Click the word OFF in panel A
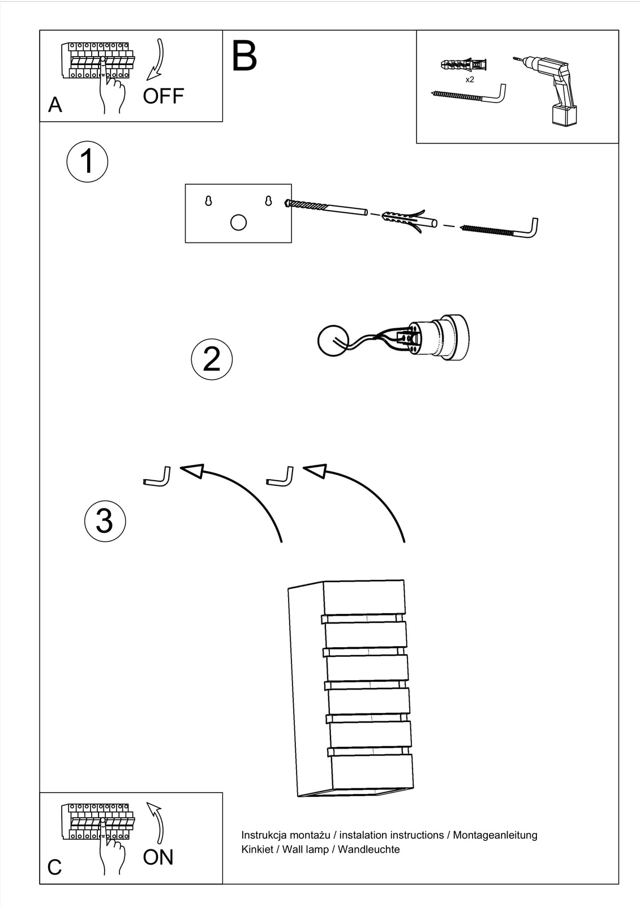pyautogui.click(x=163, y=96)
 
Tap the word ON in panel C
pyautogui.click(x=158, y=857)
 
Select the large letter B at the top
pyautogui.click(x=244, y=55)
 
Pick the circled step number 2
pyautogui.click(x=212, y=359)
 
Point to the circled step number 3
pyautogui.click(x=105, y=521)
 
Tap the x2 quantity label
pyautogui.click(x=470, y=79)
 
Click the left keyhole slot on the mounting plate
pyautogui.click(x=208, y=200)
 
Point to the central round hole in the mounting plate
pyautogui.click(x=238, y=222)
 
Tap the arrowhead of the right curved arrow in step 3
pyautogui.click(x=315, y=470)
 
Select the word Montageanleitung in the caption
pyautogui.click(x=495, y=835)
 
